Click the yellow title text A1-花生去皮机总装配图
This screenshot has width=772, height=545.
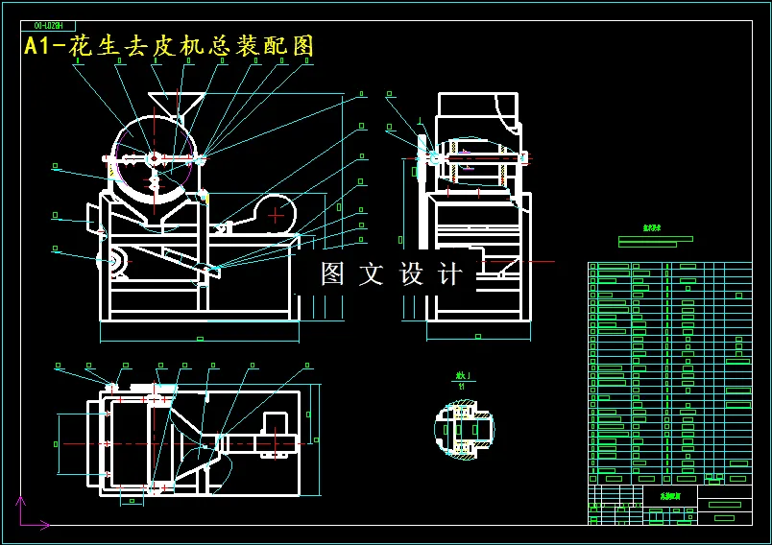tap(169, 46)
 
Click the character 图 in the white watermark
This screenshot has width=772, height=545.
tap(332, 274)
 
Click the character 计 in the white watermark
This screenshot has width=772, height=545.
tap(448, 274)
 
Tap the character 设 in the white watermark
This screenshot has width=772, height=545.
tap(410, 274)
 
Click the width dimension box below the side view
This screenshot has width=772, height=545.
tap(477, 336)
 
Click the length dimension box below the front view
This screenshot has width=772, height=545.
tap(198, 338)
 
